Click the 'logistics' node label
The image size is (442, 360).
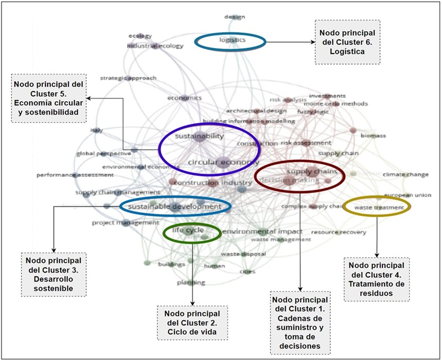pos(231,40)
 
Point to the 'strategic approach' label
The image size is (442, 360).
pos(128,78)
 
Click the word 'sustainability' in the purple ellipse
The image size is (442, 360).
pos(199,136)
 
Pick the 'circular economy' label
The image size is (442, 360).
pos(223,162)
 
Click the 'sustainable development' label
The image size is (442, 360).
pos(174,206)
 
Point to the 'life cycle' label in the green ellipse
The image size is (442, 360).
pos(188,230)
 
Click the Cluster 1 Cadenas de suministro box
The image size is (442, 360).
pos(301,322)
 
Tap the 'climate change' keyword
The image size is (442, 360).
pos(406,175)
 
